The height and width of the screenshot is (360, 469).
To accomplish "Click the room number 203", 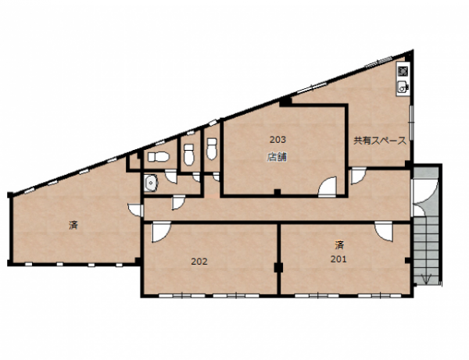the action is [277, 140].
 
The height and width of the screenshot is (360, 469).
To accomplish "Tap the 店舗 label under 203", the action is [277, 157].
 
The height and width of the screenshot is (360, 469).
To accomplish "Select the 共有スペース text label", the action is [380, 141].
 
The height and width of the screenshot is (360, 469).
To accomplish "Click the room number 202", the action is [199, 262].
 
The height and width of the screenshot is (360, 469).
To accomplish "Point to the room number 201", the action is [338, 259].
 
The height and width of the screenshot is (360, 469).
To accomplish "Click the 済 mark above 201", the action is [339, 245].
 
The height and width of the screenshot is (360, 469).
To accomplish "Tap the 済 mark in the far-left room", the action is [73, 225].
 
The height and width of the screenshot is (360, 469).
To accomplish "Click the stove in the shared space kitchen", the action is [403, 71].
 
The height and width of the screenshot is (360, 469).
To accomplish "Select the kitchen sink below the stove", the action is [403, 87].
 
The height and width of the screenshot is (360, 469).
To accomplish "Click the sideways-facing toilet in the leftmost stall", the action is [159, 156].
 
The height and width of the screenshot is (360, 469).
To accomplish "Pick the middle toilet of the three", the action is [188, 154].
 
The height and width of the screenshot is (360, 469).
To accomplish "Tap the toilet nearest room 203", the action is [212, 148].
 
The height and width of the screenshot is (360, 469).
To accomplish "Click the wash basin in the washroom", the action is [150, 183].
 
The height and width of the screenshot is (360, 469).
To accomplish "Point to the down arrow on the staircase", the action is [427, 279].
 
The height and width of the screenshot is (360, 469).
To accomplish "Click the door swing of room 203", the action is [328, 187].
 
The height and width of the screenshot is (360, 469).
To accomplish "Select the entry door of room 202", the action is [161, 232].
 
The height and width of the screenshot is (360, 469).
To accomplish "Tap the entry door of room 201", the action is [384, 230].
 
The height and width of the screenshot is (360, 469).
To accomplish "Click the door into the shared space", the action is [358, 176].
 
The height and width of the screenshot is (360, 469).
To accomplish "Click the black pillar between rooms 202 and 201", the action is [278, 267].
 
